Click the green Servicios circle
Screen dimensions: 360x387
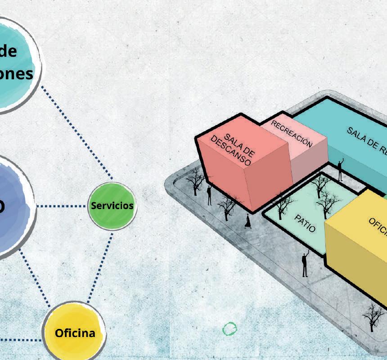[111, 205]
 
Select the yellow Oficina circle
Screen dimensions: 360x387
[75, 333]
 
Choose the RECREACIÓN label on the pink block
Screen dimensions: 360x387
[291, 134]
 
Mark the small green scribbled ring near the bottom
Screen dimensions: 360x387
[229, 329]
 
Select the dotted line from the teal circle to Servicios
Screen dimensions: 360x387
[76, 131]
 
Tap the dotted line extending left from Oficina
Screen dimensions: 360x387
[20, 339]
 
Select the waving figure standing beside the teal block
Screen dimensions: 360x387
[341, 169]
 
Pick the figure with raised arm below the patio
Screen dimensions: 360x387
[305, 264]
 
